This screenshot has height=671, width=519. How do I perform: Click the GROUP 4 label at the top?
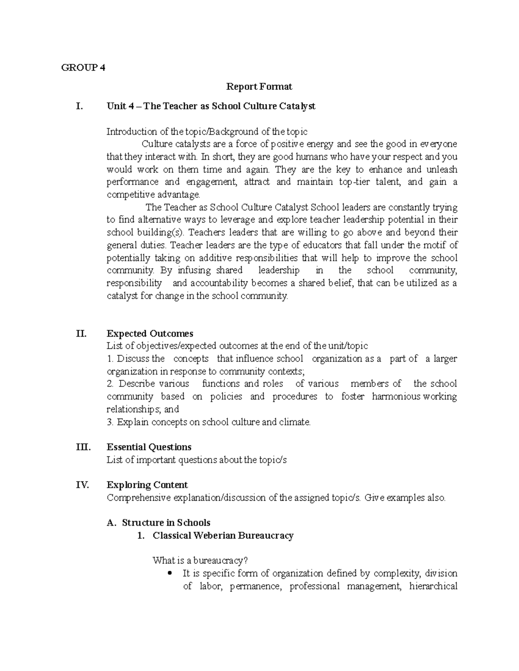[x=83, y=67]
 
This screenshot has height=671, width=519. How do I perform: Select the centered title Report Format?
[x=259, y=87]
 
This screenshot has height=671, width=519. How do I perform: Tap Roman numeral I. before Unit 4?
[x=79, y=106]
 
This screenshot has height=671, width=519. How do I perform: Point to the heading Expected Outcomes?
[x=150, y=334]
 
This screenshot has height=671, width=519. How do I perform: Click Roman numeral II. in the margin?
[x=81, y=334]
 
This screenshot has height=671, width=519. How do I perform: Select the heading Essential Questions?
[x=149, y=447]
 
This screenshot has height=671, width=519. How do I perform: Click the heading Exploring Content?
[x=147, y=485]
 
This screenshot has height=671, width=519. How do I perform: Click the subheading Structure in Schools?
[x=166, y=523]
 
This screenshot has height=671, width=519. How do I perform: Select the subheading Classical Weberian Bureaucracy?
[x=223, y=536]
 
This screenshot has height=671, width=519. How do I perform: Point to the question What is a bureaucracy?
[x=200, y=561]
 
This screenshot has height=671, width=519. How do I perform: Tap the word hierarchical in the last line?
[x=433, y=586]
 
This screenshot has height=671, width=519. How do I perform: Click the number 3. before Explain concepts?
[x=110, y=422]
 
